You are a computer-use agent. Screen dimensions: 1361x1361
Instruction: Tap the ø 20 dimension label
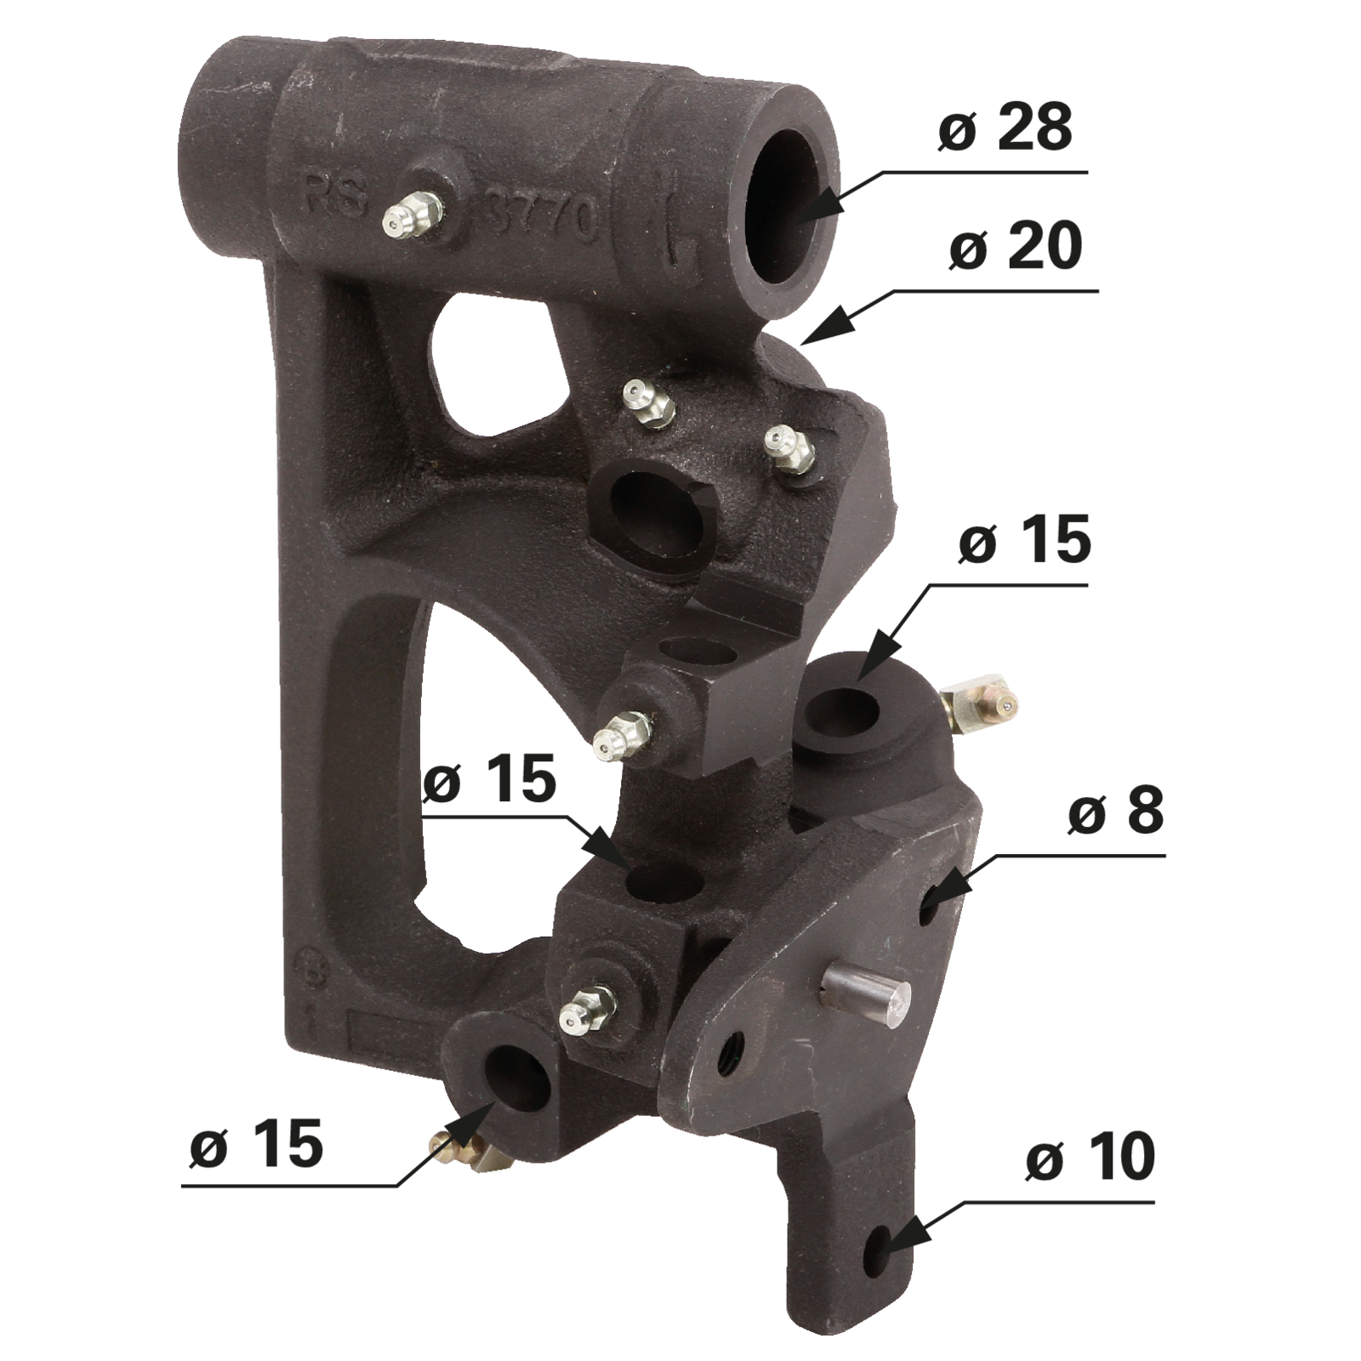coord(1015,246)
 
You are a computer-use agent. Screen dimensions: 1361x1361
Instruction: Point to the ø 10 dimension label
coord(1091,1158)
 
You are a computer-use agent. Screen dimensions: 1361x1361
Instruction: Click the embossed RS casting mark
coord(336,197)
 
